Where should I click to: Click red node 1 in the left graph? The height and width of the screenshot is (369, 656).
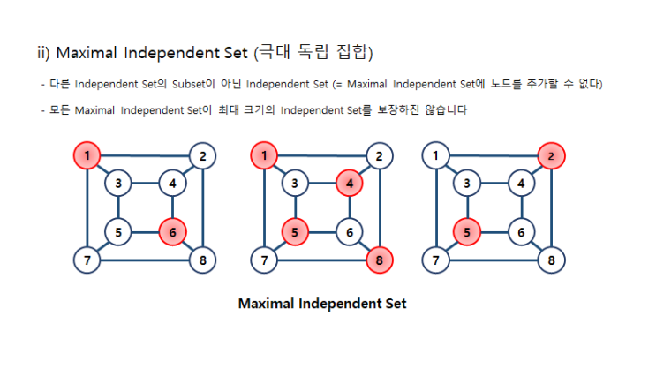(x=87, y=156)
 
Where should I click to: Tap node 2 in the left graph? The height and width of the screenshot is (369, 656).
(x=202, y=156)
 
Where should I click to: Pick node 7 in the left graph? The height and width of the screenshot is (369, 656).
(x=87, y=260)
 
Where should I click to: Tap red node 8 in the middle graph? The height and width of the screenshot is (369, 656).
(x=378, y=260)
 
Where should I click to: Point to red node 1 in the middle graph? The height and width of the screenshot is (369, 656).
(x=263, y=156)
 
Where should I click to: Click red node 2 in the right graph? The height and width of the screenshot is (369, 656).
(x=552, y=156)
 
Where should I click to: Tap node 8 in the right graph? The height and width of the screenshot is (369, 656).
(x=552, y=260)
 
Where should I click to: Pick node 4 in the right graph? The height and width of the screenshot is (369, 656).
(x=522, y=184)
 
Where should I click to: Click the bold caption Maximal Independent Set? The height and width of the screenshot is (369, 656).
(x=322, y=304)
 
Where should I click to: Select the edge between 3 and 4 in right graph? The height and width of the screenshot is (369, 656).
(x=494, y=184)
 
